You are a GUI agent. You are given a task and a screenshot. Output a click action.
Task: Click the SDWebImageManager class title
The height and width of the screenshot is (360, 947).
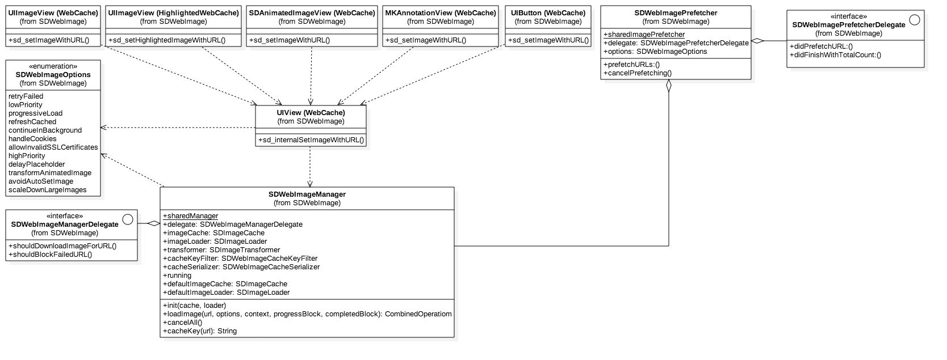307,194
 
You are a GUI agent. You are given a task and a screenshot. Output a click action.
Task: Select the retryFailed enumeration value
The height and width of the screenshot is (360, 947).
26,96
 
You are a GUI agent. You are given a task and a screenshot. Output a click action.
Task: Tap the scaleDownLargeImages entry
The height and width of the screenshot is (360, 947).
48,190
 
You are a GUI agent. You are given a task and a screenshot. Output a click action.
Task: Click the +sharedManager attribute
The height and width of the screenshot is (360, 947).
191,216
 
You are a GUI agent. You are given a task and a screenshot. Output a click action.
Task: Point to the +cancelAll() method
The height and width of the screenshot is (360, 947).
182,323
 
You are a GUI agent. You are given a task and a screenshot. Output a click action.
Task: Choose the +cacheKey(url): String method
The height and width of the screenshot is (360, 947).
200,331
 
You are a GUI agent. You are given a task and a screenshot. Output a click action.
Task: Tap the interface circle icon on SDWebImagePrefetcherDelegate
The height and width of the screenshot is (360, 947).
914,20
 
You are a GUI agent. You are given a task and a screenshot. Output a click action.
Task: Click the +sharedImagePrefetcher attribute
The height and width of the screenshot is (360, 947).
644,35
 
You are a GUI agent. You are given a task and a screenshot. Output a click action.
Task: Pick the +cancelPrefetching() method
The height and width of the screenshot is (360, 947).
638,73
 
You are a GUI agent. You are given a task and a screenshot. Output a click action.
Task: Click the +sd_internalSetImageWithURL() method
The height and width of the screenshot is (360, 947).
311,140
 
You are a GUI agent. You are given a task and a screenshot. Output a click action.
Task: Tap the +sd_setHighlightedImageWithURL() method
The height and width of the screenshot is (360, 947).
167,40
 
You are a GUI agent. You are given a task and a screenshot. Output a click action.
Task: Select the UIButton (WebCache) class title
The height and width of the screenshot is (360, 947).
548,12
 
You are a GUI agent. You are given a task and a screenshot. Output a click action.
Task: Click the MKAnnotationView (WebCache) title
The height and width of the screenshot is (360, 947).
440,12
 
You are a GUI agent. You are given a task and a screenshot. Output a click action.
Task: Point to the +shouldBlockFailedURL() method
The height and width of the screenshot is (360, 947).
51,255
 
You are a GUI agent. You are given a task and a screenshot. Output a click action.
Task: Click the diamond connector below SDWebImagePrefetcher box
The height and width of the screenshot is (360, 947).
669,86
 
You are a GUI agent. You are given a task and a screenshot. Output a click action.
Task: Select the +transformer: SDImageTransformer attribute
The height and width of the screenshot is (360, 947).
221,250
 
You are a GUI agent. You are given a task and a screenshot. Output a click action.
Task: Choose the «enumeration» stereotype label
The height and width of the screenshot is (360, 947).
53,66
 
